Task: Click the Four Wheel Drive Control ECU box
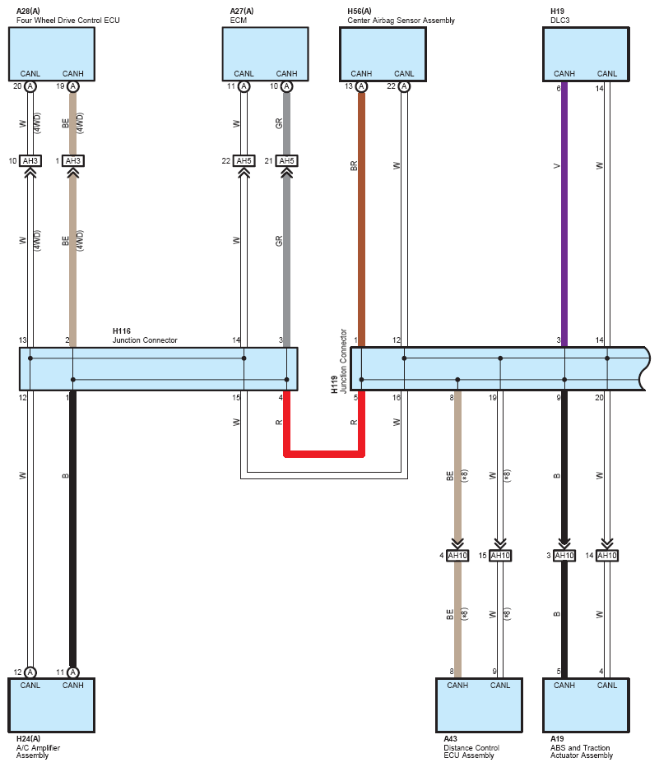(x=51, y=53)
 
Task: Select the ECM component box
(x=266, y=53)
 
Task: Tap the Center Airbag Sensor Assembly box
(x=383, y=53)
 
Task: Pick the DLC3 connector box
(x=586, y=53)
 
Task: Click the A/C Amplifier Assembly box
(x=51, y=705)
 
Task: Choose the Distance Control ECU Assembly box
(x=480, y=705)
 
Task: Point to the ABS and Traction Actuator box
(x=586, y=705)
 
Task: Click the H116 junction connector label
(x=145, y=335)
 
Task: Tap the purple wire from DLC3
(x=564, y=215)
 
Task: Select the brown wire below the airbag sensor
(x=361, y=219)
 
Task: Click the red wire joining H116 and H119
(x=324, y=455)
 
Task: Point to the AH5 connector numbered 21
(x=286, y=160)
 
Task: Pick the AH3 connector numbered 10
(x=30, y=160)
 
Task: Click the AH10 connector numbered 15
(x=500, y=556)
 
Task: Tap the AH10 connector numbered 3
(x=564, y=556)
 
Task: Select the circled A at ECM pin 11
(x=244, y=86)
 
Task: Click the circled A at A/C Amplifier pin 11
(x=73, y=672)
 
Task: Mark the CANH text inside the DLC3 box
(x=564, y=73)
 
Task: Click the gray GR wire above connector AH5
(x=286, y=123)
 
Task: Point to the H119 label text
(x=334, y=385)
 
